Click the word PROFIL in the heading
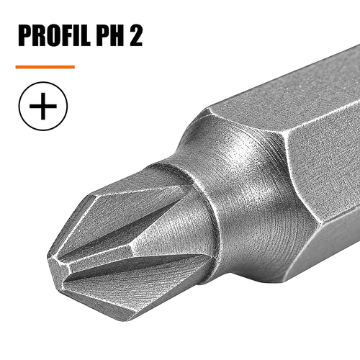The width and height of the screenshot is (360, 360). (x=54, y=35)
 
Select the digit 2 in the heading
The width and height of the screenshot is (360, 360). (x=136, y=35)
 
